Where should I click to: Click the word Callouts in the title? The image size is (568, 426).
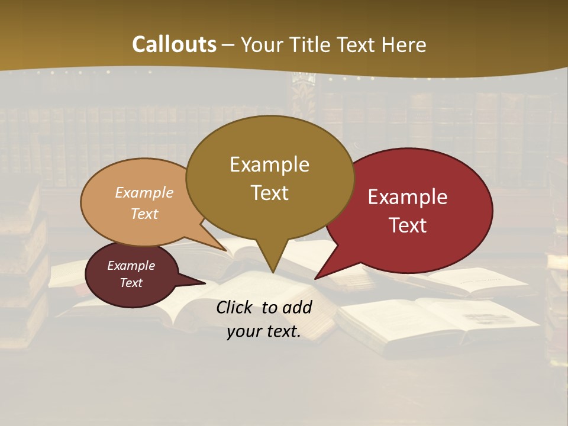(174, 44)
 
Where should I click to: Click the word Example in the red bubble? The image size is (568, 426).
(408, 197)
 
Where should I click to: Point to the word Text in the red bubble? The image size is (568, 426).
(408, 225)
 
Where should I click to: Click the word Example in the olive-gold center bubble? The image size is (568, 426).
(269, 164)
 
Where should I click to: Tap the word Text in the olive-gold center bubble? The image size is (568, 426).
(270, 193)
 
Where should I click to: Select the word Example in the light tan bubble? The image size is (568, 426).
(144, 192)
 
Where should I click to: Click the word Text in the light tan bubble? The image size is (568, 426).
(144, 214)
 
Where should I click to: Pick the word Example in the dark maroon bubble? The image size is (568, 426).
(131, 266)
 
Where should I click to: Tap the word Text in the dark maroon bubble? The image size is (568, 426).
(131, 283)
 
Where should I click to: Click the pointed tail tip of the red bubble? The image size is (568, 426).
(315, 278)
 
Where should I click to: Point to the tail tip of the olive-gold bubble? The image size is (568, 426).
(273, 273)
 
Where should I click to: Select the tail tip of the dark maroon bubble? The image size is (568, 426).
(205, 283)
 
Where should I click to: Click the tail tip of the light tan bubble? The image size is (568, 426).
(226, 250)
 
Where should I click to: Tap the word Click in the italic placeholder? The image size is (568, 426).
(235, 307)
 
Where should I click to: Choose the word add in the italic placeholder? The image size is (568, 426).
(297, 307)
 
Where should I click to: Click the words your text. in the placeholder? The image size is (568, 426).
(264, 332)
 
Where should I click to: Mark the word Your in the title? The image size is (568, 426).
(263, 45)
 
